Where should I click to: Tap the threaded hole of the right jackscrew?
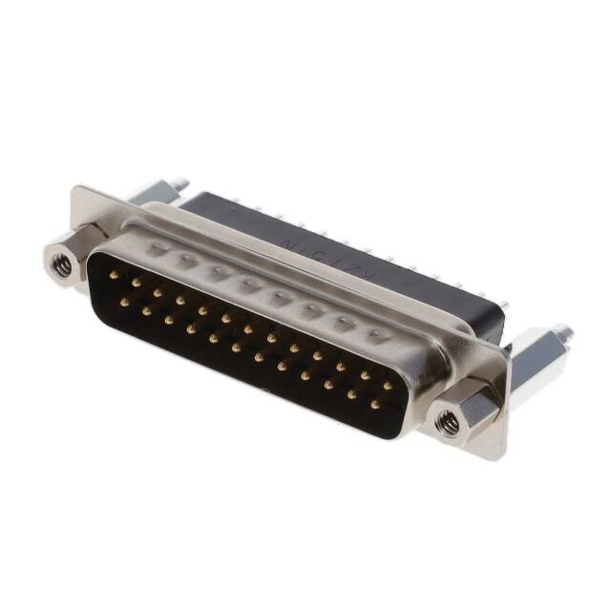point(447,418)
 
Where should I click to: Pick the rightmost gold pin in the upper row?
point(388,387)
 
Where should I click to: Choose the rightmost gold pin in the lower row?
point(374,405)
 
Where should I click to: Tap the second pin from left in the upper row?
point(136,283)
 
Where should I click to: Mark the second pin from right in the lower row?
point(351,394)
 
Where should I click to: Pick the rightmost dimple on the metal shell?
point(377,335)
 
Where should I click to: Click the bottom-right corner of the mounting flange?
point(498,456)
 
